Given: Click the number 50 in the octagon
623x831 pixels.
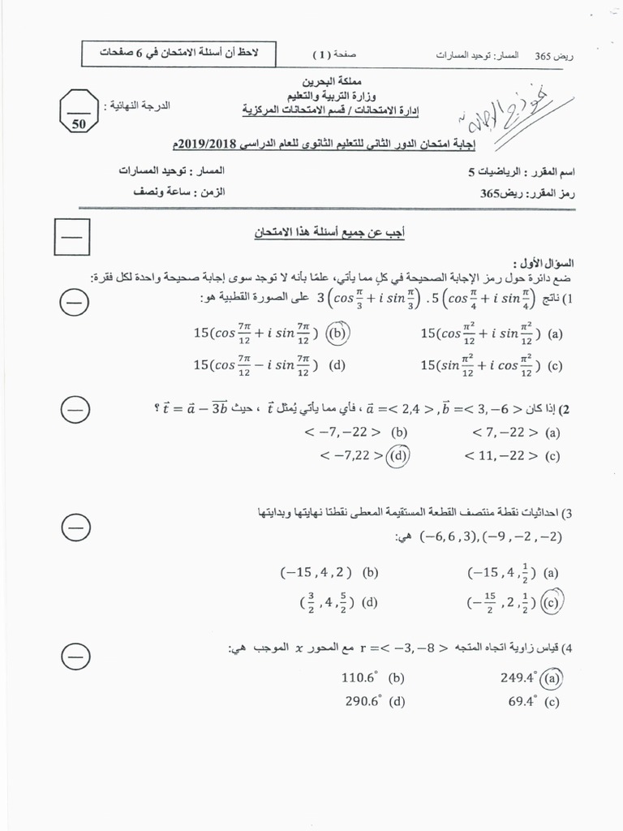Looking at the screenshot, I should click(x=79, y=124).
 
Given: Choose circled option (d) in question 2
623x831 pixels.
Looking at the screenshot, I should click(x=398, y=456).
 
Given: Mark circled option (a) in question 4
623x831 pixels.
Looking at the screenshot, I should click(x=553, y=677).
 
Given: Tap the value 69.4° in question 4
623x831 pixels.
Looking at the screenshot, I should click(x=523, y=702).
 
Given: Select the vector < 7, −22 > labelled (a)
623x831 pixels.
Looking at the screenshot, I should click(x=501, y=433).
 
